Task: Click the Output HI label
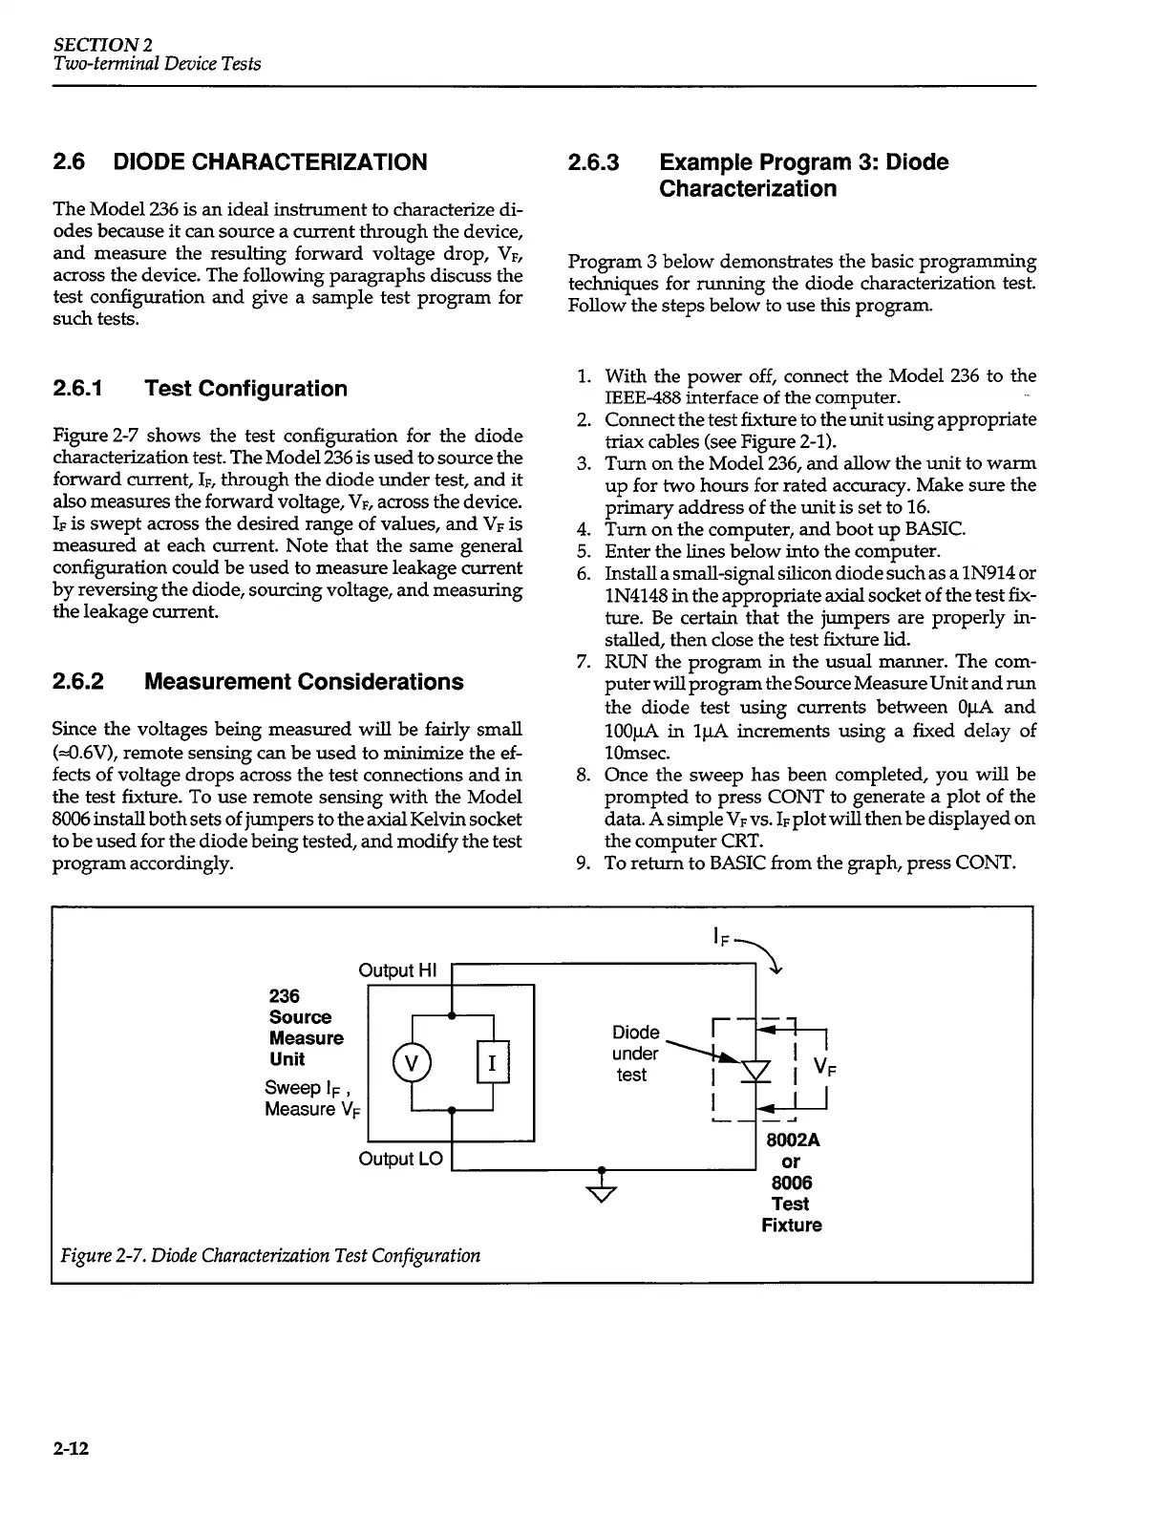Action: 396,970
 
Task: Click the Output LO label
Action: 400,1159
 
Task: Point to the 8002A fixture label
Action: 793,1140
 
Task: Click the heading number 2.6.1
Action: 85,389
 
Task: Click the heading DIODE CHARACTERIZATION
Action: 270,162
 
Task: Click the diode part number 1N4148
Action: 638,596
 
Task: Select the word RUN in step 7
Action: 625,662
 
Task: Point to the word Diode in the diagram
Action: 635,1033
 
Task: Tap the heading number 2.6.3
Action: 593,162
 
